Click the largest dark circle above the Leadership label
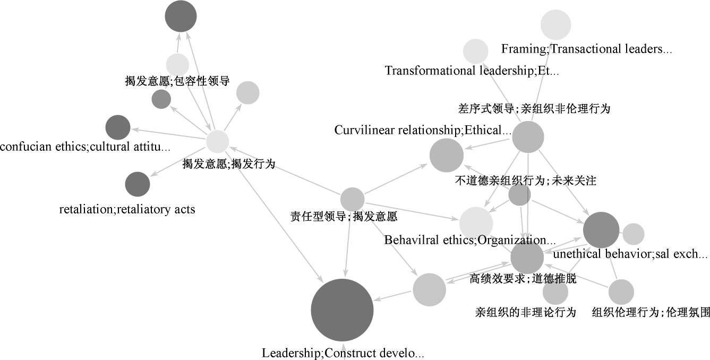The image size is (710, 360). pos(343,310)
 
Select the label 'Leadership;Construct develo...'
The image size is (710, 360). pos(343,353)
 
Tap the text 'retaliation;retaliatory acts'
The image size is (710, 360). pos(127,209)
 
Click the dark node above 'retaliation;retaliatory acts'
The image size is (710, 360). pos(138,184)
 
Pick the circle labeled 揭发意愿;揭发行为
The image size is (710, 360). pos(217,142)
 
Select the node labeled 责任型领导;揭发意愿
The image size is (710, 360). pos(352,199)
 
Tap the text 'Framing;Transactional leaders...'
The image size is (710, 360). pos(587,49)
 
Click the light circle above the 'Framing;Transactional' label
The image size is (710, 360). pos(555,24)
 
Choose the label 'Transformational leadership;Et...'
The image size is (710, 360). pos(472,71)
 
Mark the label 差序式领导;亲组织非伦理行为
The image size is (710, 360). pos(534,109)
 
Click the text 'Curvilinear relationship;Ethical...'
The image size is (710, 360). pos(423,130)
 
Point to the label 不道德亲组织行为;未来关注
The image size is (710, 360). pos(526,181)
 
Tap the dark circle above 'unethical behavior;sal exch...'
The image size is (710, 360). pos(601,230)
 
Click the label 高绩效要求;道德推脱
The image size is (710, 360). pos(523,279)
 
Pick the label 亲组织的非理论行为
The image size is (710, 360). pos(525,312)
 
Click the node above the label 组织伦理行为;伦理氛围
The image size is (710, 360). pos(621,292)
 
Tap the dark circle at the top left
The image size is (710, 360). pos(181,17)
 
